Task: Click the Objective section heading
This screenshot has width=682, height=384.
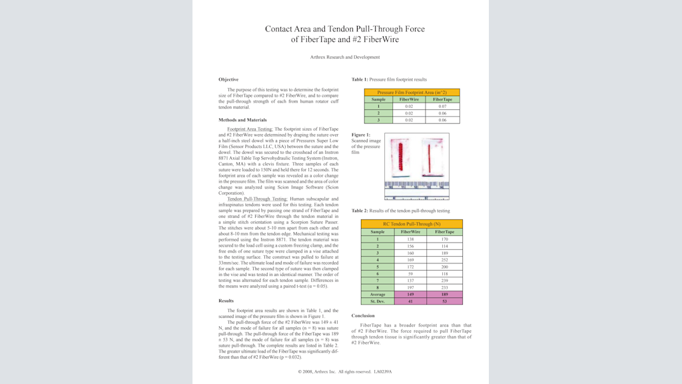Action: (x=228, y=79)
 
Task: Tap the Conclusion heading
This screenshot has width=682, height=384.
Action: (x=363, y=315)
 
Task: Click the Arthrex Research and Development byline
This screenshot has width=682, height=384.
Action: (x=344, y=57)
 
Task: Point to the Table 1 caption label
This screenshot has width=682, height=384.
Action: (x=360, y=79)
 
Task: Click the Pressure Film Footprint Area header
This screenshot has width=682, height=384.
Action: (x=412, y=92)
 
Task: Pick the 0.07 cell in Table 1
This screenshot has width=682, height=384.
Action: (x=442, y=106)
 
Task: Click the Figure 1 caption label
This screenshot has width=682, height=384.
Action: (x=361, y=135)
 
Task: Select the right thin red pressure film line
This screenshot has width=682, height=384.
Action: (x=433, y=160)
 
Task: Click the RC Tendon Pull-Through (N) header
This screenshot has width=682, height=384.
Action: (x=411, y=224)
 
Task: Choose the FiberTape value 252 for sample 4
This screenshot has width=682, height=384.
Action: (x=445, y=259)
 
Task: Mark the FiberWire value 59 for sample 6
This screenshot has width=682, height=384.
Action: (x=410, y=273)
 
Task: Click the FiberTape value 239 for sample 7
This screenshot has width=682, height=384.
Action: (x=445, y=281)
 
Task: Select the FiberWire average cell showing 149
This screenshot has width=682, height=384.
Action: (x=410, y=294)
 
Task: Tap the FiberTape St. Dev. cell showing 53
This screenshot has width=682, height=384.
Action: (x=445, y=301)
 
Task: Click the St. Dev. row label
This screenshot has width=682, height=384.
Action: (x=378, y=301)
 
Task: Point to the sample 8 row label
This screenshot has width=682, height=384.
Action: (x=378, y=287)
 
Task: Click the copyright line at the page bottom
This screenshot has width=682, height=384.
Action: (x=344, y=371)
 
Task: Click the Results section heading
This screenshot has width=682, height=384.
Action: (x=226, y=301)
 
